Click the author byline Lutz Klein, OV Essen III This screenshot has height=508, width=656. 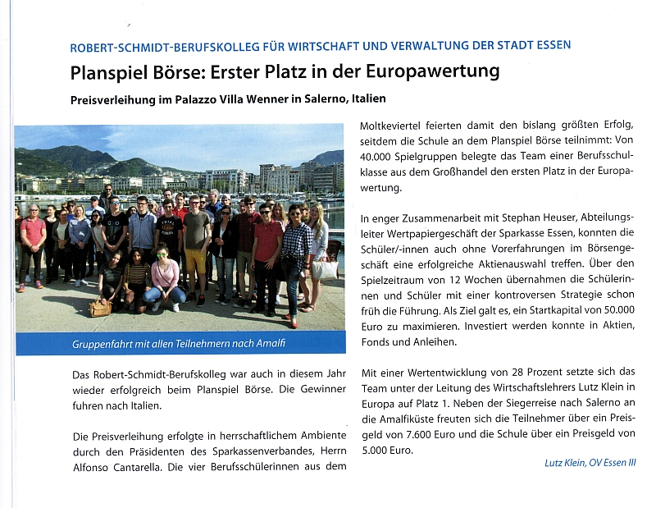tap(590, 464)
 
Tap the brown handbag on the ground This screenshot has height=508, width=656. tap(100, 307)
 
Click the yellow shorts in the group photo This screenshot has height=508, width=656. tap(195, 261)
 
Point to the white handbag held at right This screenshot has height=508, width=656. tap(325, 268)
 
